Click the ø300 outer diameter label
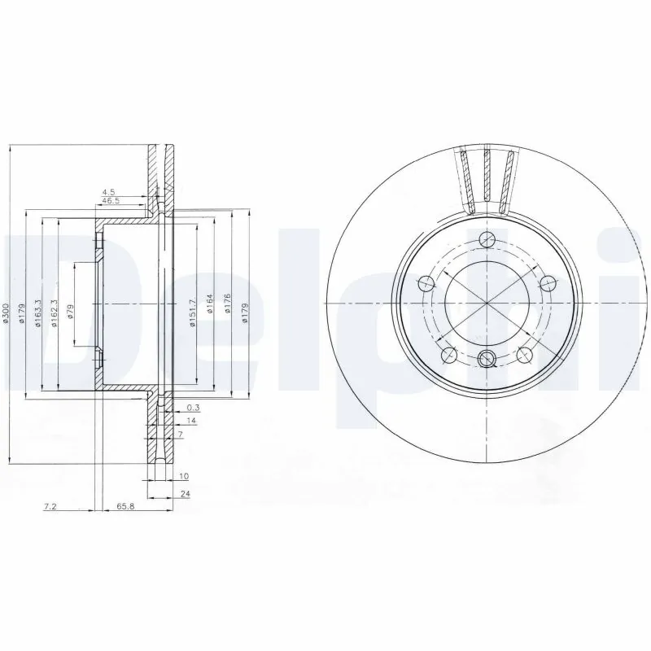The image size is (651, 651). [6, 314]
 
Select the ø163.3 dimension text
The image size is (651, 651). [37, 312]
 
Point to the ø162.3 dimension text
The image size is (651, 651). [54, 312]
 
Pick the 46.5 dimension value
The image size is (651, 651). [110, 200]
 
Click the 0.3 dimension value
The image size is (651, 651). [193, 407]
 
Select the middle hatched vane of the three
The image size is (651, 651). [487, 176]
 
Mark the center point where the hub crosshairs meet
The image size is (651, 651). [487, 303]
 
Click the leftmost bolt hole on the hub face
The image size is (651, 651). [426, 283]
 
